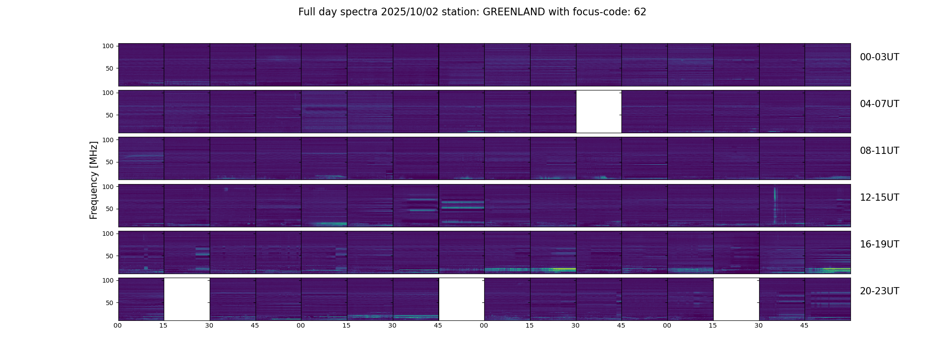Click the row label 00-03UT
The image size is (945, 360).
click(x=879, y=57)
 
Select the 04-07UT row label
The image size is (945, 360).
click(x=879, y=104)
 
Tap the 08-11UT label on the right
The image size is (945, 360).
click(x=879, y=151)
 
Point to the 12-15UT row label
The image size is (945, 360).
click(x=879, y=198)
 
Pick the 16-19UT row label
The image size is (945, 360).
click(x=879, y=244)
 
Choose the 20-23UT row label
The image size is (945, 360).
click(x=879, y=291)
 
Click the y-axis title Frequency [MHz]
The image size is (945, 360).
click(x=94, y=180)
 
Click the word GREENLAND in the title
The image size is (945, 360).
click(x=513, y=12)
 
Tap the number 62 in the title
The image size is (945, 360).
click(x=640, y=12)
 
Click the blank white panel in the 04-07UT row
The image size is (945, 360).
click(x=598, y=112)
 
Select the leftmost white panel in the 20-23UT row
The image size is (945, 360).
click(x=187, y=299)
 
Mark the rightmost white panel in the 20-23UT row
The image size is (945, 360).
click(x=736, y=299)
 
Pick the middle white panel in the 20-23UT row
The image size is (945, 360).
click(x=461, y=299)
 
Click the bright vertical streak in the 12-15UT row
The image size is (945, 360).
click(x=775, y=205)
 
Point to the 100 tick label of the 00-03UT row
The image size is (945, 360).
click(x=108, y=46)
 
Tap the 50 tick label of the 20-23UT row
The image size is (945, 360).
click(x=109, y=303)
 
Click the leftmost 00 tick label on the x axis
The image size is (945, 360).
click(x=118, y=325)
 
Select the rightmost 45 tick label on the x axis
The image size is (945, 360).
click(x=804, y=325)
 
